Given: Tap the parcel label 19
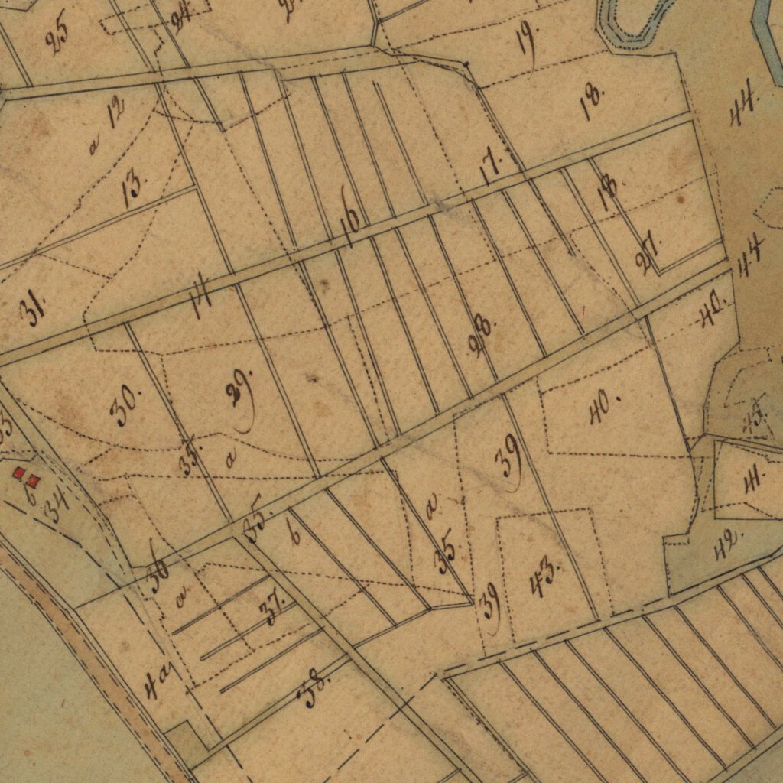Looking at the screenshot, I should [x=527, y=37].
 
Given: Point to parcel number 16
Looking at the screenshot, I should [x=351, y=226].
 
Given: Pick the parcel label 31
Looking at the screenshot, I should [x=33, y=310].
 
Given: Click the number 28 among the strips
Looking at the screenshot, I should [x=482, y=335].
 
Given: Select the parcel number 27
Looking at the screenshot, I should [x=647, y=257].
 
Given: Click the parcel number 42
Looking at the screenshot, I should [x=727, y=544].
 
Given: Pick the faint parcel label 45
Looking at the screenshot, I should [x=755, y=417].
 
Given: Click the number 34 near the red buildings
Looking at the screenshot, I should [x=57, y=504].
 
